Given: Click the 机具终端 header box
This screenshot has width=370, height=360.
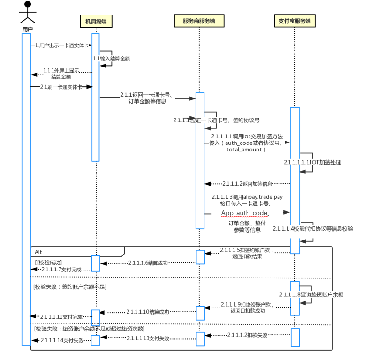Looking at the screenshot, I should [x=96, y=21].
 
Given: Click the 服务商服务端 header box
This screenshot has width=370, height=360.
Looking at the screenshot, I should [x=198, y=21].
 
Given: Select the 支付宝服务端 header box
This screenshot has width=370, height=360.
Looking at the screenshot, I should [x=294, y=21].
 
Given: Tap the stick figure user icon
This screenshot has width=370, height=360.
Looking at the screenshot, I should [x=28, y=13].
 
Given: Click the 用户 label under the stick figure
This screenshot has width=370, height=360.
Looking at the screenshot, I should [x=27, y=29].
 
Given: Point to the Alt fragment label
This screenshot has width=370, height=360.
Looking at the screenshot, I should [x=38, y=252].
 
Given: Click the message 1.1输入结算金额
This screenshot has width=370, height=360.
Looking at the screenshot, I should [x=111, y=59].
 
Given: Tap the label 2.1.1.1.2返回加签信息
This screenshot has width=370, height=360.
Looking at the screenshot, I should [x=248, y=183].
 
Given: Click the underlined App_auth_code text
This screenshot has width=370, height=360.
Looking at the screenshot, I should [x=244, y=213].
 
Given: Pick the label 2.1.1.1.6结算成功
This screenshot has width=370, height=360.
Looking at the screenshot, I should [x=148, y=263].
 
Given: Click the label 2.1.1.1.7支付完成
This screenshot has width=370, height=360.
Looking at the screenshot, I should [x=61, y=270].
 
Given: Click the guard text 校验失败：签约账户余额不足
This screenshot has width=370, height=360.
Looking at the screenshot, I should [x=69, y=286].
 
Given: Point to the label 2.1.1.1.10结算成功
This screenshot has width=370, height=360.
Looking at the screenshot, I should [x=147, y=311].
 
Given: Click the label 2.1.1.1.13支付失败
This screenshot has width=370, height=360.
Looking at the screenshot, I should [x=148, y=338].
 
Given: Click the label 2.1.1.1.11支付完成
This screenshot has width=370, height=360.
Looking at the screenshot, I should [x=61, y=317].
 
